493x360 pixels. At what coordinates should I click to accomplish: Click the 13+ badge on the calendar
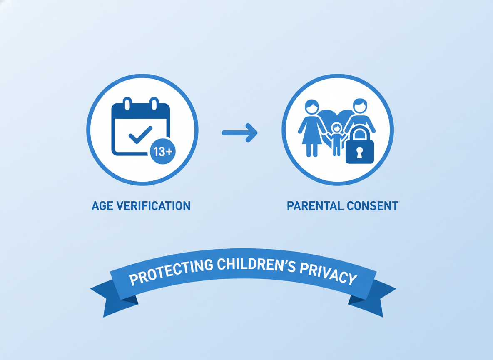pos(162,152)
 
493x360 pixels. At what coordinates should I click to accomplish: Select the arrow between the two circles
pos(240,133)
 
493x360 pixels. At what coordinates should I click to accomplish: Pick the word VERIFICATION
pos(154,205)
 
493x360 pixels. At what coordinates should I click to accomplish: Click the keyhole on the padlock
pos(359,152)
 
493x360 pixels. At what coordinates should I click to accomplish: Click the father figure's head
pos(360,106)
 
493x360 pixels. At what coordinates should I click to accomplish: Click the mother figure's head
pos(311,107)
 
